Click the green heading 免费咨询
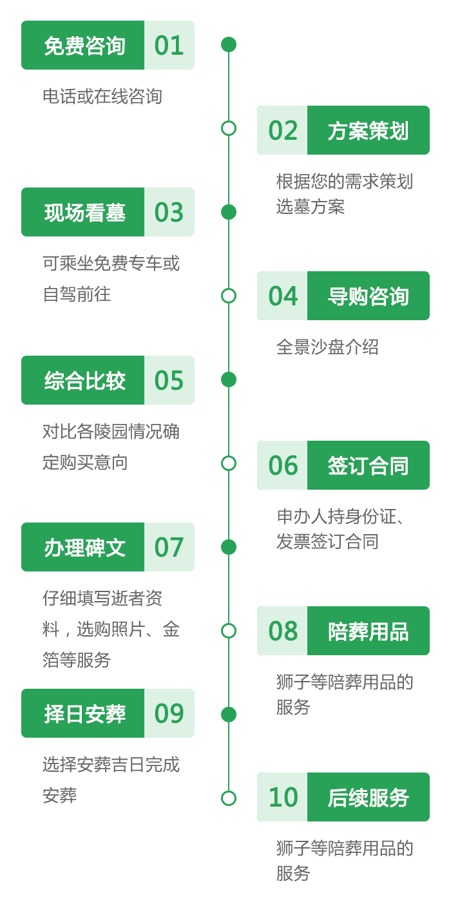click(83, 46)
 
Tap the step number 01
click(169, 46)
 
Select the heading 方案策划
click(368, 130)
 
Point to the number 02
click(283, 130)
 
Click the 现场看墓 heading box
click(83, 213)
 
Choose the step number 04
click(283, 296)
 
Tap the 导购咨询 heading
click(368, 296)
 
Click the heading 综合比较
click(83, 380)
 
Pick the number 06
click(283, 465)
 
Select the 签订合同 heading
click(368, 465)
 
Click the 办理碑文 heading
click(83, 548)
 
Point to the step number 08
click(283, 631)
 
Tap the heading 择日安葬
click(83, 714)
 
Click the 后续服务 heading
click(368, 798)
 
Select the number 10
click(283, 798)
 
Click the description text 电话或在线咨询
click(102, 97)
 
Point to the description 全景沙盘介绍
click(327, 347)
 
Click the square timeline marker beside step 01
click(229, 45)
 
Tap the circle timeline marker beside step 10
click(229, 798)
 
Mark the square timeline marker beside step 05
click(229, 379)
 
